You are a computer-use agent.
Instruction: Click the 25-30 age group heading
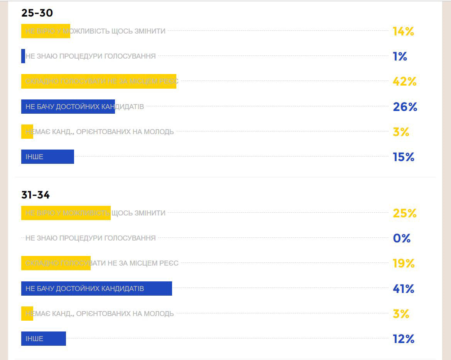(x=37, y=13)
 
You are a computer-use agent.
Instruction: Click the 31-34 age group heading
(x=35, y=195)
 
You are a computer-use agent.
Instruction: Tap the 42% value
(x=404, y=81)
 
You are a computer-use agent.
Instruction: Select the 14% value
(x=403, y=31)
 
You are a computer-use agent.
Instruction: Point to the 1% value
(x=400, y=57)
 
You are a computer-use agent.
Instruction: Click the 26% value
(x=405, y=107)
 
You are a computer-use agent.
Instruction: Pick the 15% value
(x=403, y=157)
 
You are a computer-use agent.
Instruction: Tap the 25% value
(x=404, y=213)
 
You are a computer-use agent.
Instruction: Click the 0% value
(x=401, y=238)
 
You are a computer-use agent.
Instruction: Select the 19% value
(x=404, y=264)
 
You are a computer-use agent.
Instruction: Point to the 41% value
(x=403, y=289)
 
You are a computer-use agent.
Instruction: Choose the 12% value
(x=403, y=339)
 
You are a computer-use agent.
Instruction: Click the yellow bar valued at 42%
(x=98, y=81)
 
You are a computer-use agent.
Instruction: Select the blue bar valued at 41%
(x=96, y=288)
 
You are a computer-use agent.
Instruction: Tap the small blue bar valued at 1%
(x=23, y=56)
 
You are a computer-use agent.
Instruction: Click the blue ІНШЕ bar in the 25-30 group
(x=47, y=157)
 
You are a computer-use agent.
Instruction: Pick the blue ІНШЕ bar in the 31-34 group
(x=44, y=339)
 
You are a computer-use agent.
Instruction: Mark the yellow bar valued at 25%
(x=66, y=213)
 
